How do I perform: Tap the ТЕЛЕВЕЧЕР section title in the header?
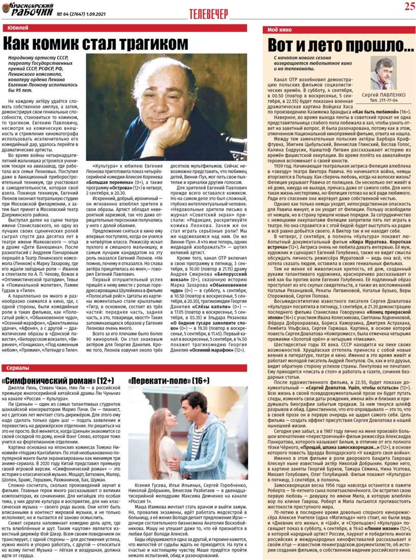[x=208, y=14]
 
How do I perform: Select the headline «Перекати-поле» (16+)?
[x=169, y=380]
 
